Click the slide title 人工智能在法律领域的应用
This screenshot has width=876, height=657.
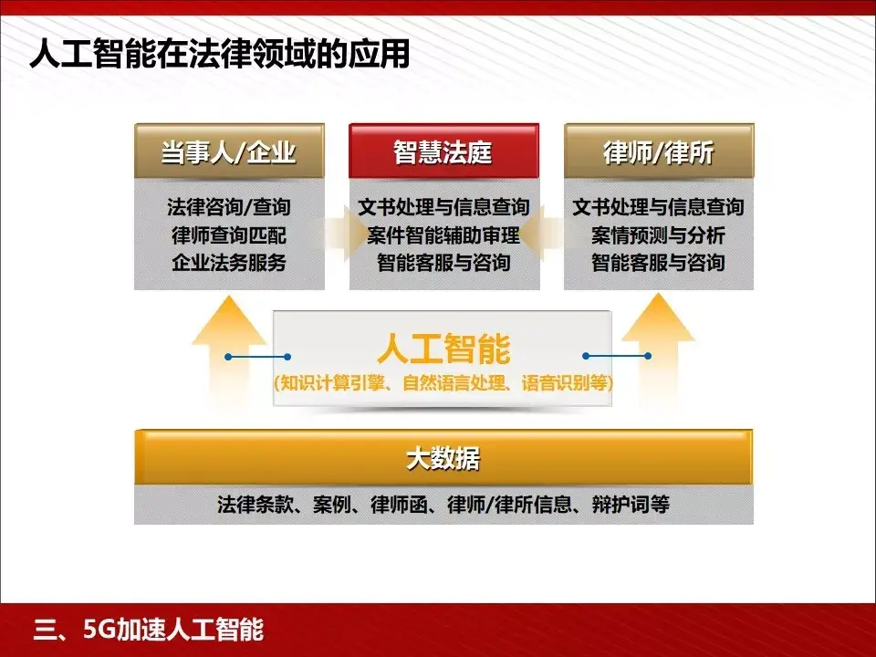(x=219, y=55)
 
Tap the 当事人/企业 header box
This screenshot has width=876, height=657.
(x=229, y=151)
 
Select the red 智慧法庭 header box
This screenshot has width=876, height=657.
(x=443, y=151)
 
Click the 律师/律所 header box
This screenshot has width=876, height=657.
(x=658, y=151)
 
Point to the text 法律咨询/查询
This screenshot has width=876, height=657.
(x=229, y=207)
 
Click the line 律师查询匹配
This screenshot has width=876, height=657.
(x=229, y=235)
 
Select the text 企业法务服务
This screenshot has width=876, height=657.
(x=229, y=264)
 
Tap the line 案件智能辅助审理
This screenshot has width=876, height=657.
(x=443, y=235)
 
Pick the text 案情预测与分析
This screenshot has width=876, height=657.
(x=658, y=235)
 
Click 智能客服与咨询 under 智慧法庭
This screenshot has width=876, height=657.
(x=443, y=264)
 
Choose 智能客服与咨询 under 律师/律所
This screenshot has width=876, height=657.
(x=658, y=264)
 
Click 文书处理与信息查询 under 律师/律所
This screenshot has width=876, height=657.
(x=658, y=207)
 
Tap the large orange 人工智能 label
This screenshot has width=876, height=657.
(x=443, y=349)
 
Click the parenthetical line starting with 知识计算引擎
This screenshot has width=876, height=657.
(x=443, y=383)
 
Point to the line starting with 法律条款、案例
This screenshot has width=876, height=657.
(x=443, y=504)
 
